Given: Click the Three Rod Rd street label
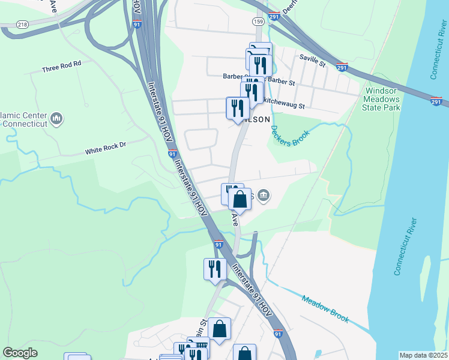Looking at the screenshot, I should (61, 70).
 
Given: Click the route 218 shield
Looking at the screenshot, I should (23, 23).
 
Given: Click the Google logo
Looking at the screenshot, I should (20, 353).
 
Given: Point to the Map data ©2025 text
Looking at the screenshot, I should (423, 355).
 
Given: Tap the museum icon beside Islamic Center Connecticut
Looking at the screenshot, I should (58, 118).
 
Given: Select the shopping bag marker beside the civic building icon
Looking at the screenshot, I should (240, 199).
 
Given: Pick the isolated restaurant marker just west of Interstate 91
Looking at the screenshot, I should (214, 269).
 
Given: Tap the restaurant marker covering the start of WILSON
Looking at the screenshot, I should (237, 108).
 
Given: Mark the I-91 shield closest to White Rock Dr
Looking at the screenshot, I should (172, 154).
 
